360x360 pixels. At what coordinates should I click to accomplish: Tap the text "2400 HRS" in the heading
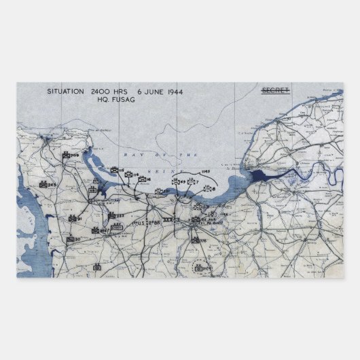coord(107,90)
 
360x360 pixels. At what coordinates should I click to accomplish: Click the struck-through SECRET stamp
coord(274,90)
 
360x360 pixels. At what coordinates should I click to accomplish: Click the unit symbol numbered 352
coord(159,192)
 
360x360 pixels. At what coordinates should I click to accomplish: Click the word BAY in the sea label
coord(131,156)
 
